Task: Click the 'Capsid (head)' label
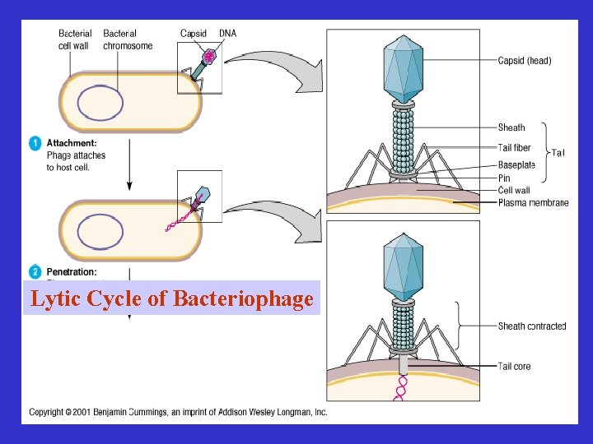point(525,60)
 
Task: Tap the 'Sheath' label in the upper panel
point(511,127)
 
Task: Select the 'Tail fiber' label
point(514,148)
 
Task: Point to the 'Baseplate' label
point(516,165)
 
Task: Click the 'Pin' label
point(504,178)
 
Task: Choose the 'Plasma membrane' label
point(533,202)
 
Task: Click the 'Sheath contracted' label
point(532,326)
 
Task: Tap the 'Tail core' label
point(514,366)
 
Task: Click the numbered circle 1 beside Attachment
point(35,143)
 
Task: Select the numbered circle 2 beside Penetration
point(35,271)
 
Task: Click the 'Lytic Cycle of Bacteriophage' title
point(171,299)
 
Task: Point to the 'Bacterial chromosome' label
point(128,39)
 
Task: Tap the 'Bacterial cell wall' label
point(74,39)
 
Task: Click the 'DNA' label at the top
point(227,33)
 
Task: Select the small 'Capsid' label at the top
point(194,33)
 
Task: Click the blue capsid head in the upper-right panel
point(403,70)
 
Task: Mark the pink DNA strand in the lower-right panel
point(402,387)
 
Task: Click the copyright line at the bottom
point(178,412)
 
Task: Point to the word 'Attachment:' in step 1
point(72,143)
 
